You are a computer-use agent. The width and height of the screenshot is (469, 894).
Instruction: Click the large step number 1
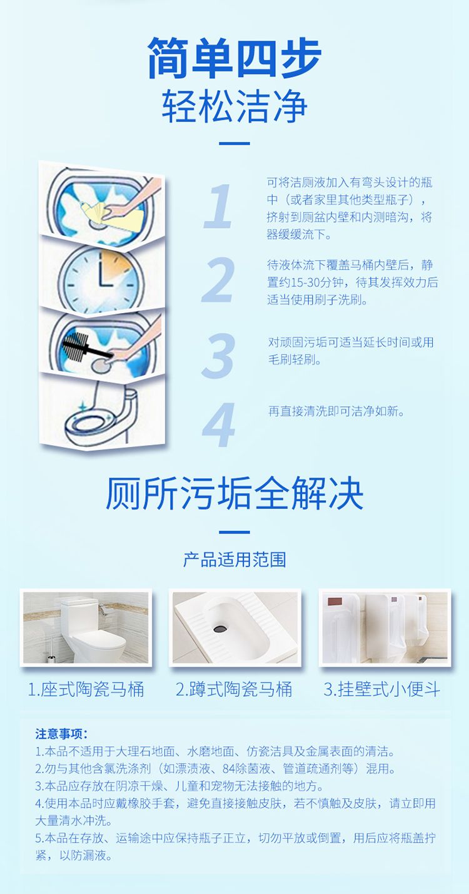218,206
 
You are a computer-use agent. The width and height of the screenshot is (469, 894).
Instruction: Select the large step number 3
218,356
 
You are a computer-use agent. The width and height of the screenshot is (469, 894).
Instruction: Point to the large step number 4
218,424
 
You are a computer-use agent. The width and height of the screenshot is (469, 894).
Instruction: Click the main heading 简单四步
234,58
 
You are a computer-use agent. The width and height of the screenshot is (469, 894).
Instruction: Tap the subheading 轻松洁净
234,106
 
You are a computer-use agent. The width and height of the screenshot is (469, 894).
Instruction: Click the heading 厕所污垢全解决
234,493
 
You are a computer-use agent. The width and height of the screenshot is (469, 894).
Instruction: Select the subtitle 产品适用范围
234,560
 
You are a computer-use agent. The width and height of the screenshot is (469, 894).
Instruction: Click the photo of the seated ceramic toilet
86,627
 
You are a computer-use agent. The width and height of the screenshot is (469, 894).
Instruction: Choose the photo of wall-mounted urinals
385,627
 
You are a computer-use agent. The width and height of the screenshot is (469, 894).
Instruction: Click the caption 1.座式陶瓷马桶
86,689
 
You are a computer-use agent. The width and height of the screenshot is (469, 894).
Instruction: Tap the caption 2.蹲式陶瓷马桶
234,689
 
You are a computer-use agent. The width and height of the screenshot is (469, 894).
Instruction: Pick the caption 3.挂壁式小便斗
382,689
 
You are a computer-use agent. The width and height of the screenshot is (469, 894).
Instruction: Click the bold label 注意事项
61,734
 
